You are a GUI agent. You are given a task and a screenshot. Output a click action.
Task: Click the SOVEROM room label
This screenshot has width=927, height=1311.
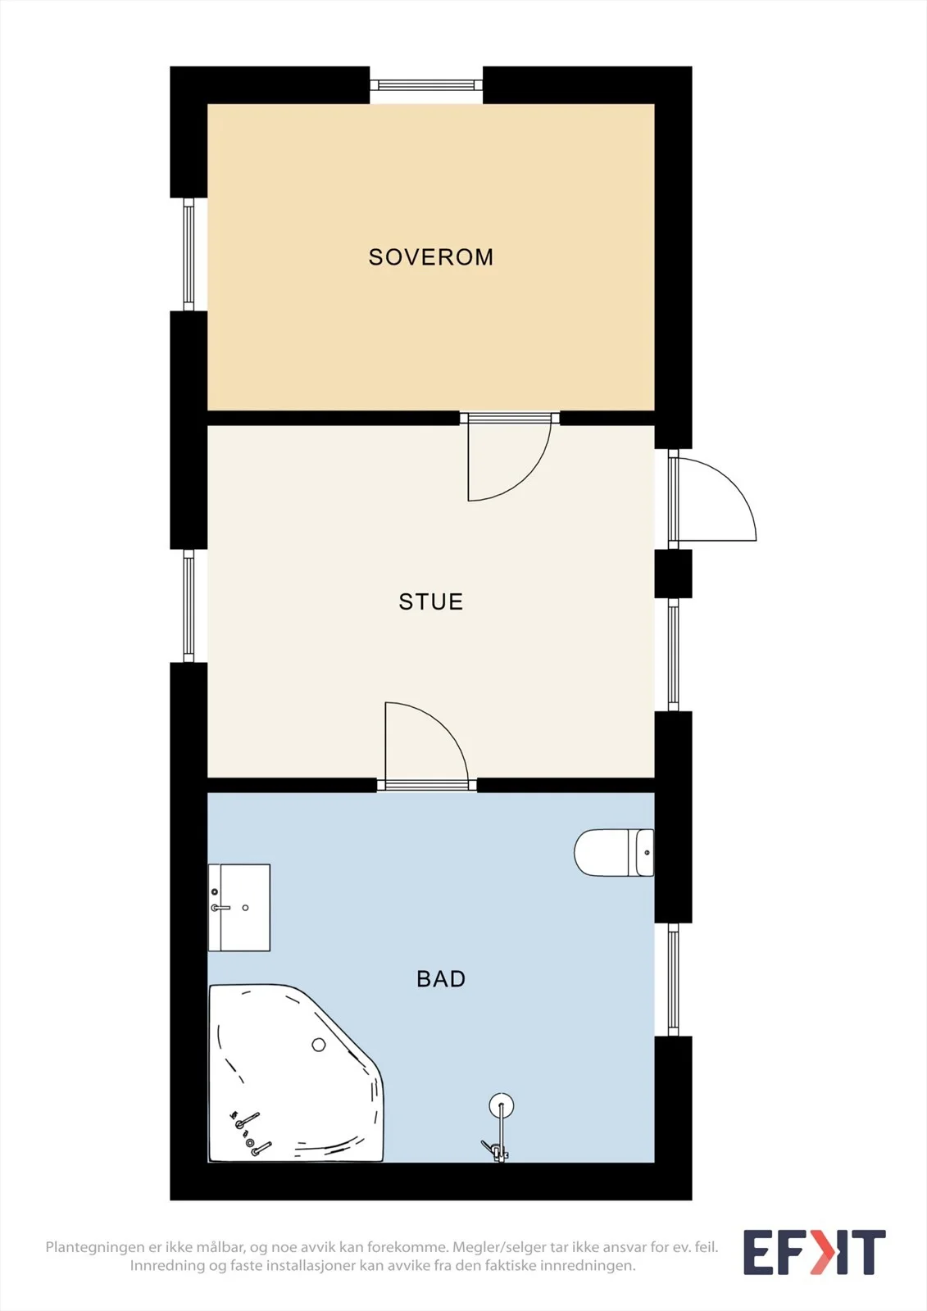coord(431,257)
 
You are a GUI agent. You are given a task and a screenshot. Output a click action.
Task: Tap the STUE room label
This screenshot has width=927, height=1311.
coord(431,601)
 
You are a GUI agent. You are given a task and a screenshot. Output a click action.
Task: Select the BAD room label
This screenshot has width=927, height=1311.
coord(441,978)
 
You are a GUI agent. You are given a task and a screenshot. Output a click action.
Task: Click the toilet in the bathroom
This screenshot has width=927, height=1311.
coord(614,852)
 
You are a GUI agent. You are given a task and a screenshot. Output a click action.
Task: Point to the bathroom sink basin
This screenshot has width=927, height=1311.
coord(239,908)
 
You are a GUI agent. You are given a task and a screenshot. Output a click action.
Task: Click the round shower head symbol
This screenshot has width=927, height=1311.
coord(502,1105)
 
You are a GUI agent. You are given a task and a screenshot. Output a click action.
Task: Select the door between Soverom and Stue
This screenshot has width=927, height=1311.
coord(510,456)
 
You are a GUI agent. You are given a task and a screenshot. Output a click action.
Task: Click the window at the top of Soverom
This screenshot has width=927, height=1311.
coord(426,85)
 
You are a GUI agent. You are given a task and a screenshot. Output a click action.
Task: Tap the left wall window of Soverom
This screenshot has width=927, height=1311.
coord(189,254)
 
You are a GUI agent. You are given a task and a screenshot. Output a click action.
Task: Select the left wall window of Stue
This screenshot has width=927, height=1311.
coord(189,606)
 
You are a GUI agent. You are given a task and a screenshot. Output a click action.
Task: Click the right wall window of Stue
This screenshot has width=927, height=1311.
coord(674,655)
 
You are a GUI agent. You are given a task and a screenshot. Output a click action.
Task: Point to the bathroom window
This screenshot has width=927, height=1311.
coord(674,980)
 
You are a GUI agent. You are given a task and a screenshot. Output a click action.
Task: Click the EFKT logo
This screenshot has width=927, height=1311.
coord(815,1252)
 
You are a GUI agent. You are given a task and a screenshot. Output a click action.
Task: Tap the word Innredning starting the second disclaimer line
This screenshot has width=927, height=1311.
coord(167,1266)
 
